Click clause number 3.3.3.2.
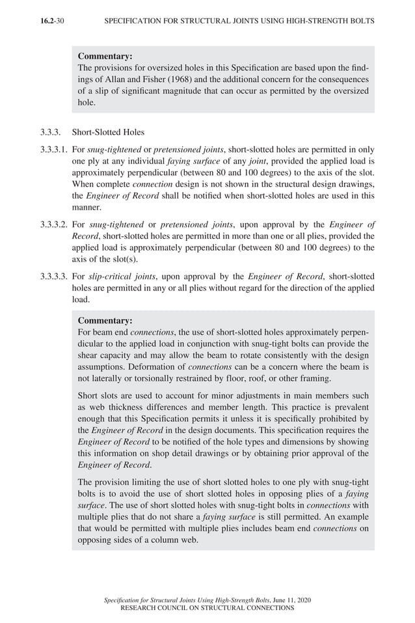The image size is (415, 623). pos(53,225)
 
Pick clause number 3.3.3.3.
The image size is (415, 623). pos(53,277)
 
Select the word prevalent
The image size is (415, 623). pos(348,407)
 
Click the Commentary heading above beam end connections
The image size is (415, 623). pos(105,320)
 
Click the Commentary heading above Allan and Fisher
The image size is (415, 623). pos(105,57)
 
